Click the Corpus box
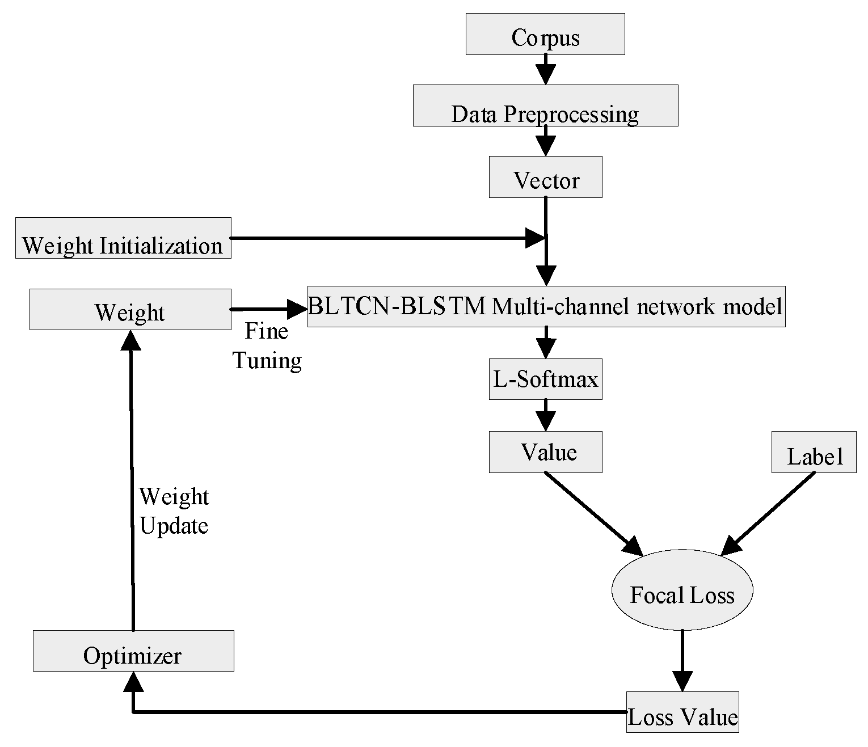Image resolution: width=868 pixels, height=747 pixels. point(545,35)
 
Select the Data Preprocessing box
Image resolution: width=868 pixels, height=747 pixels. point(545,105)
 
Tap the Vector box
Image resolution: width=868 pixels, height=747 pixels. point(545,177)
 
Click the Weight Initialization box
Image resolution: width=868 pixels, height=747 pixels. point(123,238)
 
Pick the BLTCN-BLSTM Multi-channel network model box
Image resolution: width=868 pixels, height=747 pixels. point(546,306)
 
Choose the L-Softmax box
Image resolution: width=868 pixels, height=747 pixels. point(545,379)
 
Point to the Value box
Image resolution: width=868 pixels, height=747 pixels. point(545,452)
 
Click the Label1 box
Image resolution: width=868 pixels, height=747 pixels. point(814,452)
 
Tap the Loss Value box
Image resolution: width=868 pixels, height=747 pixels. point(682,712)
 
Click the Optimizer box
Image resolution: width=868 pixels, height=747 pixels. point(133,651)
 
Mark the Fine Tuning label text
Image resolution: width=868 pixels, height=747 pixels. point(267,346)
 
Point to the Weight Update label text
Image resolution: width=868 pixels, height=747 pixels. point(174,511)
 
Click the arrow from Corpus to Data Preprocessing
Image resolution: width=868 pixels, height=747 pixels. point(545,70)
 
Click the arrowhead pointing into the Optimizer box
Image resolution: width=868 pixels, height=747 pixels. point(133,682)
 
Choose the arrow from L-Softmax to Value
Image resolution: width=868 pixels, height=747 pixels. point(545,415)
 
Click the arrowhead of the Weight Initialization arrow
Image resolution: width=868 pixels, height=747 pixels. point(534,238)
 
